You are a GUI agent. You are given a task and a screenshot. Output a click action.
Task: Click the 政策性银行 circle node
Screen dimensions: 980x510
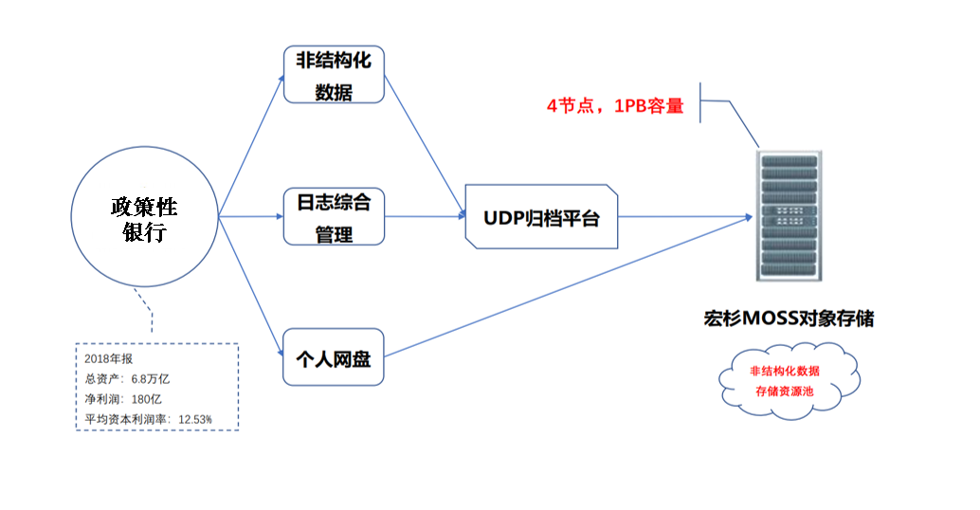(144, 216)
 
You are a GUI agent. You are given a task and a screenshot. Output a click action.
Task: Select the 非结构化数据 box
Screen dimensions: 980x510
(334, 74)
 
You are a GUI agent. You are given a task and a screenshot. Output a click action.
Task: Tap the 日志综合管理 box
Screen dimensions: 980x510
(334, 216)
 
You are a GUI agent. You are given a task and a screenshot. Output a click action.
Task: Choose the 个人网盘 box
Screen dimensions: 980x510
(333, 356)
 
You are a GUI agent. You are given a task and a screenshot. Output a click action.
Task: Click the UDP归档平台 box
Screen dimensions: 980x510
(541, 217)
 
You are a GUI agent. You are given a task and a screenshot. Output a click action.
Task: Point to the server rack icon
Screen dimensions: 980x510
(789, 215)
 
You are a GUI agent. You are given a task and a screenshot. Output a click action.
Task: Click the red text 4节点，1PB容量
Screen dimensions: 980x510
(615, 105)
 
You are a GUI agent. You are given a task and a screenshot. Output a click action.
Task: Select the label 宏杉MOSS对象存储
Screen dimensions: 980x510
(789, 319)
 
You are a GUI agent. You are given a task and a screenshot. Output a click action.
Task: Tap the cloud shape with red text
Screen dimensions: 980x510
(789, 381)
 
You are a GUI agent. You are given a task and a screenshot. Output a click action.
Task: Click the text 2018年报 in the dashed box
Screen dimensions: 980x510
(109, 358)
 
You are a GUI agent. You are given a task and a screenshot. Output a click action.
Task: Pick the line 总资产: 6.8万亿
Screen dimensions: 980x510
(127, 379)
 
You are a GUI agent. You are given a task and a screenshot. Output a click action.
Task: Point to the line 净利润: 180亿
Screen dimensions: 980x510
(123, 399)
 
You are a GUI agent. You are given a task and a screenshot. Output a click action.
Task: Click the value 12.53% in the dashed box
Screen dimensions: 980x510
(195, 419)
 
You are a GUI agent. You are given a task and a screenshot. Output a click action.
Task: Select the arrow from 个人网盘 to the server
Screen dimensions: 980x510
(568, 286)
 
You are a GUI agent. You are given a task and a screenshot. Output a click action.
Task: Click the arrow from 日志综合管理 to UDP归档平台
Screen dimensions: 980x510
(425, 216)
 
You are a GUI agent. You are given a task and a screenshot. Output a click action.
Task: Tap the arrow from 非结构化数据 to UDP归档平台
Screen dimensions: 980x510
(425, 146)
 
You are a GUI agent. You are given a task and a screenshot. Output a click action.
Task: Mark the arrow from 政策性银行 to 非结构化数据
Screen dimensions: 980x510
(251, 145)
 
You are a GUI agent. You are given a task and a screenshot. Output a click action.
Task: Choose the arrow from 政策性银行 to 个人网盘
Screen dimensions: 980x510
(251, 286)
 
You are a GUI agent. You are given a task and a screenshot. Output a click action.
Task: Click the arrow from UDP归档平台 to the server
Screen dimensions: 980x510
(685, 217)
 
